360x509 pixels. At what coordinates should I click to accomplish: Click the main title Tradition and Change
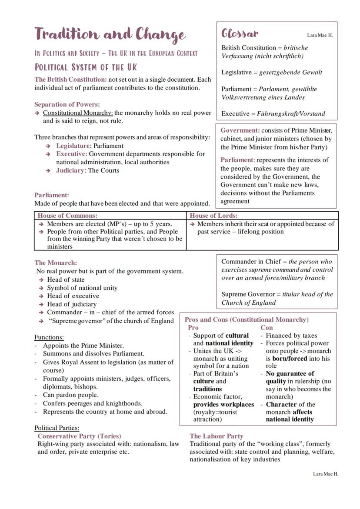coord(110,34)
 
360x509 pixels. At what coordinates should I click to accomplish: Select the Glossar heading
coord(240,33)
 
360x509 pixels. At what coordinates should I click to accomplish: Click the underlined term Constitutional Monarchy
coord(77,113)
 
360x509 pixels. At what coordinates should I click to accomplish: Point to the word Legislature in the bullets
coord(73,146)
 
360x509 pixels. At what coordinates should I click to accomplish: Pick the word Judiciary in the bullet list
coord(70,170)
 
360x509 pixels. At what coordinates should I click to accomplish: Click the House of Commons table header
coord(67,215)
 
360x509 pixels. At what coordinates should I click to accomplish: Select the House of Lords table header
coord(213,215)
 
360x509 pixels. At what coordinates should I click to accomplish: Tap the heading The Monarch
coord(56,263)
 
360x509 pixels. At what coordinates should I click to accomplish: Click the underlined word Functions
coord(49,337)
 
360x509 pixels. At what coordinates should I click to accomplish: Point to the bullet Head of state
coord(66,279)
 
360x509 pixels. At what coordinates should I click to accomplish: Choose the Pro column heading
coord(193,327)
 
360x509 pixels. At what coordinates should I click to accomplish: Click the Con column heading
coord(267,327)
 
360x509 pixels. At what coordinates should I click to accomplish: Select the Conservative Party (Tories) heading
coord(79,436)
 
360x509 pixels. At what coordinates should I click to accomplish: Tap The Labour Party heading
coord(216,436)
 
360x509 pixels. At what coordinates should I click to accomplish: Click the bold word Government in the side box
coord(240,130)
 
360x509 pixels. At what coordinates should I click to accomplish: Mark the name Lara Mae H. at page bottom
coord(325,473)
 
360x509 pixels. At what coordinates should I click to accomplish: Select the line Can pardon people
coord(70,395)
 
